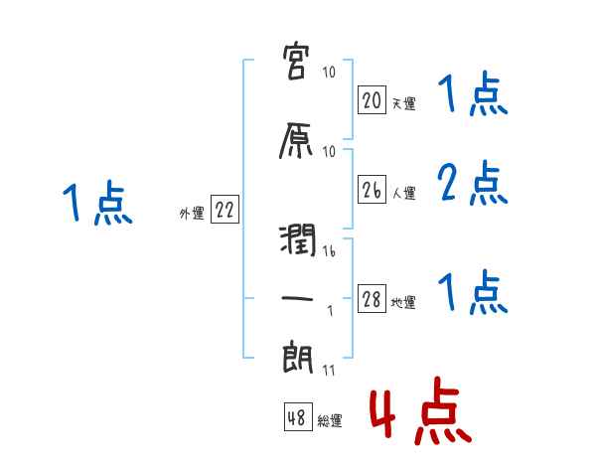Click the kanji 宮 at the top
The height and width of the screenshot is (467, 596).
pyautogui.click(x=298, y=64)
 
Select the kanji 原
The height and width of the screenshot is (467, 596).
pyautogui.click(x=298, y=141)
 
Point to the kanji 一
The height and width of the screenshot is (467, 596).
pyautogui.click(x=298, y=297)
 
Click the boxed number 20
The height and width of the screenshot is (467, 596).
pyautogui.click(x=372, y=99)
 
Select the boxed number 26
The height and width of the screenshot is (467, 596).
pyautogui.click(x=372, y=190)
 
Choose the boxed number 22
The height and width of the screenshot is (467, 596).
pyautogui.click(x=224, y=211)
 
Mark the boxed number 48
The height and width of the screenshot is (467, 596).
pyautogui.click(x=297, y=418)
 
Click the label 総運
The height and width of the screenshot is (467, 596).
pyautogui.click(x=330, y=421)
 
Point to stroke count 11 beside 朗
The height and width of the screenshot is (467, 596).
pyautogui.click(x=330, y=371)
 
